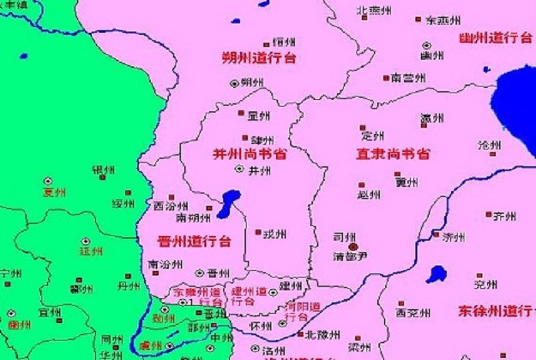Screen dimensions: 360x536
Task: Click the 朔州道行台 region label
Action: click(259, 58)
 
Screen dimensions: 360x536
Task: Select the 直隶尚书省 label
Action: click(392, 154)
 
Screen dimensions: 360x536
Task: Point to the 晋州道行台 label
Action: click(194, 241)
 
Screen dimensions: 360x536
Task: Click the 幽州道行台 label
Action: click(496, 38)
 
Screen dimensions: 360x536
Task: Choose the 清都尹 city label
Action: click(350, 257)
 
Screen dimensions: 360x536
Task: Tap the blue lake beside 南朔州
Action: click(228, 203)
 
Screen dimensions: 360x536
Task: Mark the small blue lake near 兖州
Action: click(437, 274)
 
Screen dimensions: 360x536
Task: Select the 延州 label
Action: click(91, 251)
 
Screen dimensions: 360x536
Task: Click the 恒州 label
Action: click(284, 42)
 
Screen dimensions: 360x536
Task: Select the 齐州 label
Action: click(504, 216)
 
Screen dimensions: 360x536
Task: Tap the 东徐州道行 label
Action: click(496, 311)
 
